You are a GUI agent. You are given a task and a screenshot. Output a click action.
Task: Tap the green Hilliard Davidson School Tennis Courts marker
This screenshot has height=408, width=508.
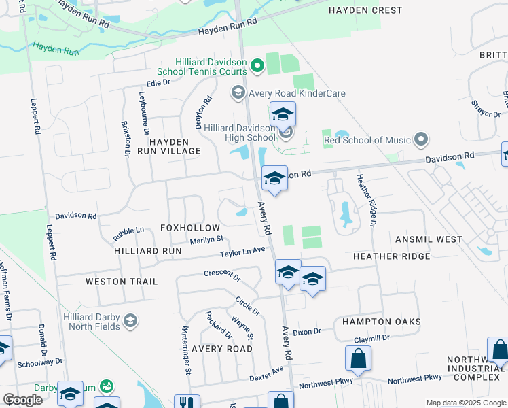257,66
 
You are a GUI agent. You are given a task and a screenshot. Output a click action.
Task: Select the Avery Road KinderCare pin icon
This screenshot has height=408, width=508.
238,92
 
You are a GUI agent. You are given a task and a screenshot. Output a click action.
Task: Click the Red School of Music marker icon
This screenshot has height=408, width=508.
421,140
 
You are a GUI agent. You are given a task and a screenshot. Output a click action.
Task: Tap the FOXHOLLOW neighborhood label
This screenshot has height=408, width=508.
189,228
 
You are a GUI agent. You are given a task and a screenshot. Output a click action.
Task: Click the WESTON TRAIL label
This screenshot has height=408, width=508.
122,281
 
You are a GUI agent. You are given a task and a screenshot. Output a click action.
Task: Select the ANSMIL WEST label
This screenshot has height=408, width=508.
429,239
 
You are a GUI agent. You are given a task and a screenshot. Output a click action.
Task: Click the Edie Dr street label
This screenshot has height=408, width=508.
158,82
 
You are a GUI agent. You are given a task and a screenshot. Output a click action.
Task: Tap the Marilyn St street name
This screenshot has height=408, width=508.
206,239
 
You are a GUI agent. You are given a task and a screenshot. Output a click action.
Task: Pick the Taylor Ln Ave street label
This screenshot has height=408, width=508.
242,253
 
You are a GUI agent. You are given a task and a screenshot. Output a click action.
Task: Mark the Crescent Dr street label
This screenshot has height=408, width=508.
222,275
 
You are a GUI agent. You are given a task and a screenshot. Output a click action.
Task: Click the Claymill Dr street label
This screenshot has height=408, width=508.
371,338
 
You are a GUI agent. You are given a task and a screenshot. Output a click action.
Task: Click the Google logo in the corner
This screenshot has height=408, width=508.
22,400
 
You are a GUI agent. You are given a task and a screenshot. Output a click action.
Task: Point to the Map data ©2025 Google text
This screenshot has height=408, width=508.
465,403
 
